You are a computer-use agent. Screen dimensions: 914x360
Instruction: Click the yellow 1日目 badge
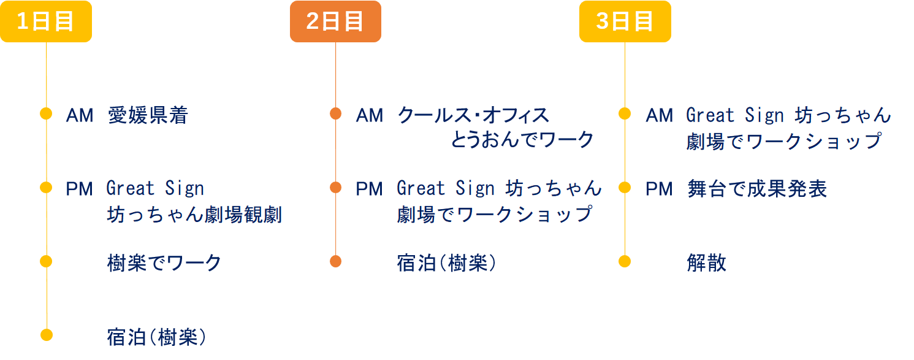tap(46, 21)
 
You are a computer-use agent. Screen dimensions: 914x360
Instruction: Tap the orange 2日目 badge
tap(335, 21)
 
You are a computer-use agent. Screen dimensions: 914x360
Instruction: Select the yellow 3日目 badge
tap(625, 21)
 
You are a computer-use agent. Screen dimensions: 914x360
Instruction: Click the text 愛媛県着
tap(148, 115)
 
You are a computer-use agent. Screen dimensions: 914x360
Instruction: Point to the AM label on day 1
tap(80, 115)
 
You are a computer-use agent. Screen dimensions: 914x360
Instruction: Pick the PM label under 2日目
tap(369, 189)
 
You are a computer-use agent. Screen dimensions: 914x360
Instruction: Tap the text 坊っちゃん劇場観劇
tap(194, 215)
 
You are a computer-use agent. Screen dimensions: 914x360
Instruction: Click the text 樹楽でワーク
tap(164, 263)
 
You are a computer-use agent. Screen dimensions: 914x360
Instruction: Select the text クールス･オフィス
tap(473, 115)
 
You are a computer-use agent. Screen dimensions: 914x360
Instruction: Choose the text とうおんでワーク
tap(522, 140)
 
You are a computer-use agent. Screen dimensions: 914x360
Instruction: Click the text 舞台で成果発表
tap(757, 189)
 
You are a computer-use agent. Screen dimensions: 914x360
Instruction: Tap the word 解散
tap(707, 263)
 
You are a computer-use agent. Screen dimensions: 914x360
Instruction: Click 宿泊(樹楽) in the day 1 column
tap(157, 337)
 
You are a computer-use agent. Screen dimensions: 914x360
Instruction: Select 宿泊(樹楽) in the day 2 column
tap(446, 263)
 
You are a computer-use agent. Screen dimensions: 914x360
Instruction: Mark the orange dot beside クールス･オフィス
tap(335, 113)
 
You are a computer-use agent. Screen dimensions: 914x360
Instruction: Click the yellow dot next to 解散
tap(625, 261)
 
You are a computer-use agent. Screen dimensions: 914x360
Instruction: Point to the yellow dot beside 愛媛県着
tap(46, 113)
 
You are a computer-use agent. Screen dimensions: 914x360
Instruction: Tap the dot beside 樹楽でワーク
tap(46, 261)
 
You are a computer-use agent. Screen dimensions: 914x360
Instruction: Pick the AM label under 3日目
tap(659, 115)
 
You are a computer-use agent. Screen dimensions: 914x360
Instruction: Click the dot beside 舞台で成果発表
tap(625, 187)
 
